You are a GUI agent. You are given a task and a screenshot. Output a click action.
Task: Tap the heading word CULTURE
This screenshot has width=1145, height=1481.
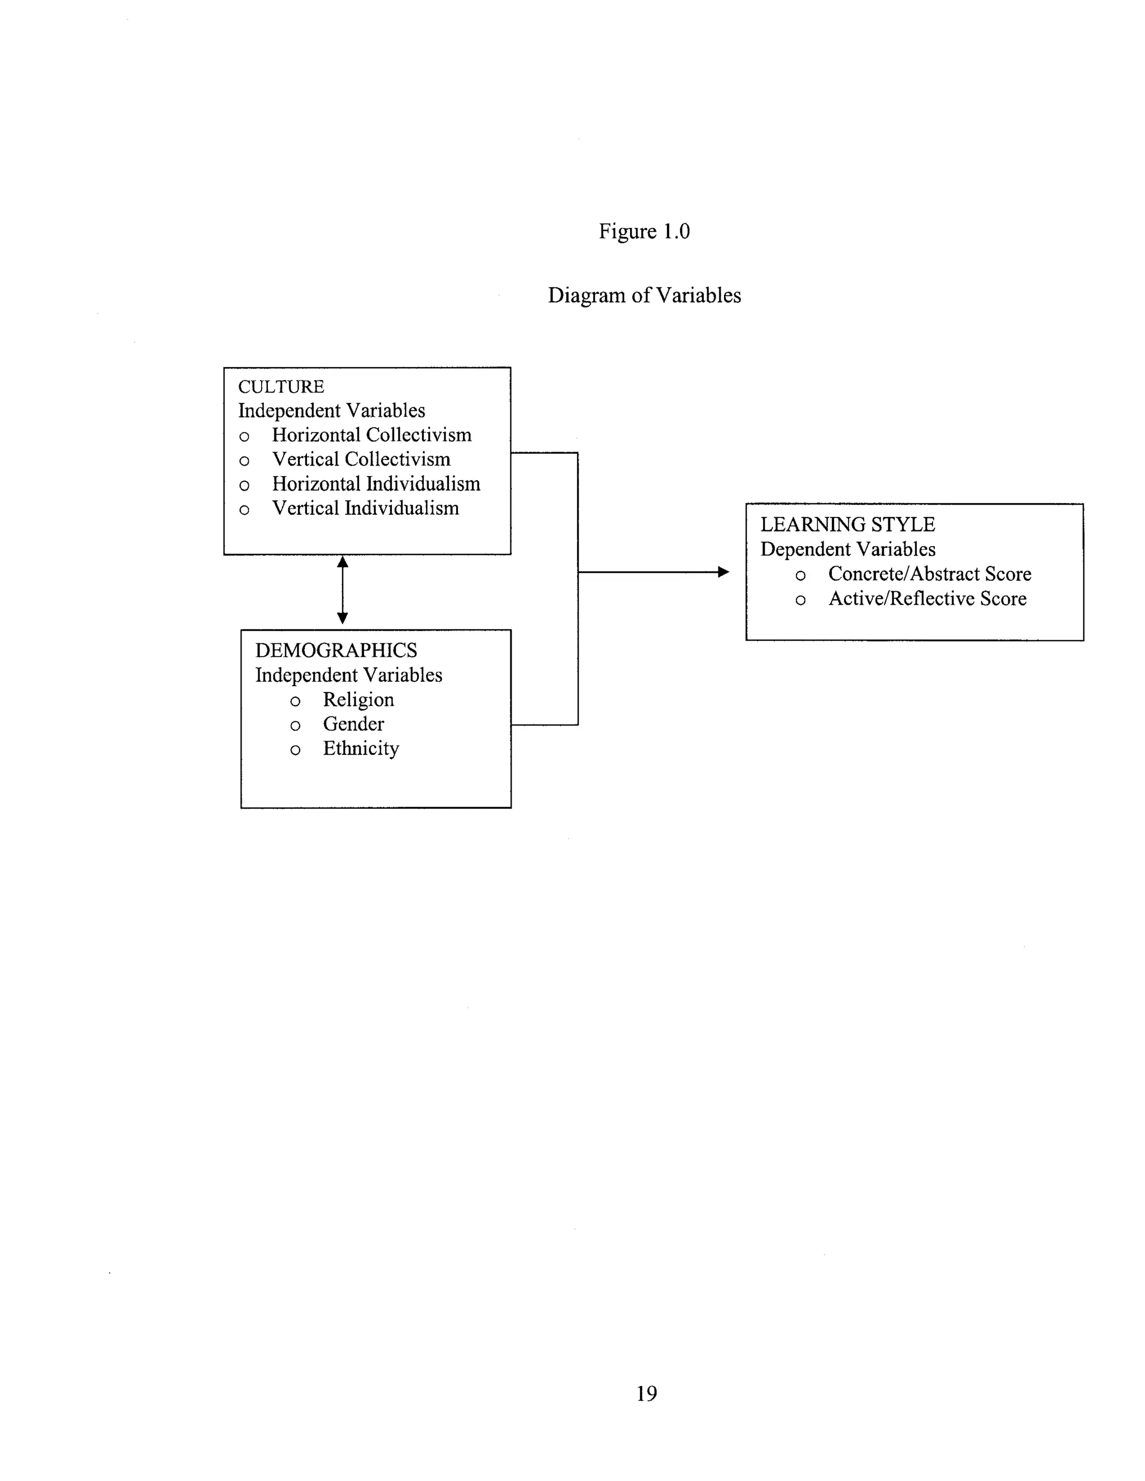[281, 387]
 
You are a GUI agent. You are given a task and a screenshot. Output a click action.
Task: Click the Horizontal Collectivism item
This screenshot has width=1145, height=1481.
[371, 435]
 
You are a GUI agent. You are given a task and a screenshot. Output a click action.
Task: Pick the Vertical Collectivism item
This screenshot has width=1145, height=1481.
[361, 459]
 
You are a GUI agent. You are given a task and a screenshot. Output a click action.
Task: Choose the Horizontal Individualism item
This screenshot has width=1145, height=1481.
[376, 483]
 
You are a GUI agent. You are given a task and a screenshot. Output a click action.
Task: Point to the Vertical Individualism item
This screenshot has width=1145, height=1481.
[365, 508]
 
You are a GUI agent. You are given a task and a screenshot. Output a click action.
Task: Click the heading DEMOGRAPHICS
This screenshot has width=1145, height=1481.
[336, 651]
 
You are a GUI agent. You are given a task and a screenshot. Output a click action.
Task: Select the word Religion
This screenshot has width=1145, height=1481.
[358, 699]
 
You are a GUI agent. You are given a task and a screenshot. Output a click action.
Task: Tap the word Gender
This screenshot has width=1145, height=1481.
[353, 724]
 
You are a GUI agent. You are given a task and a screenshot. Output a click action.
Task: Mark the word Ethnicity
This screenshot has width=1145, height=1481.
[361, 748]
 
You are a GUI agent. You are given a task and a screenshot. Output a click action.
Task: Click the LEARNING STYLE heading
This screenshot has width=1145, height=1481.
[847, 524]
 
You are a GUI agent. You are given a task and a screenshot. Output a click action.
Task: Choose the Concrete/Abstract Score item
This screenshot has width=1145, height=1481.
[929, 574]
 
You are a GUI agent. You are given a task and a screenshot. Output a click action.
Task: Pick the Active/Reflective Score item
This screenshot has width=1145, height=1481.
[928, 598]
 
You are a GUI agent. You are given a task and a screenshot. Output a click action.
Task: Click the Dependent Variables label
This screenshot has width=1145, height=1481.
[847, 549]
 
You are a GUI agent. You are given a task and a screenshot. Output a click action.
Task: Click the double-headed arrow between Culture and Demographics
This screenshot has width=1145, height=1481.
[343, 590]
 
